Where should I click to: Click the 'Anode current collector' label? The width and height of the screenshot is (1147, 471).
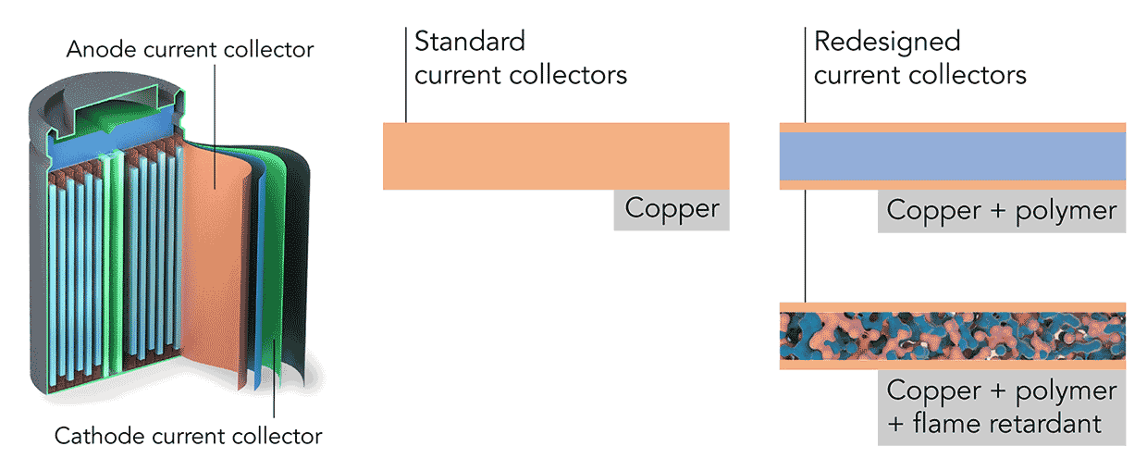tap(190, 49)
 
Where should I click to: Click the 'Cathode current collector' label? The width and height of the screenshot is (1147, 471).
tap(189, 435)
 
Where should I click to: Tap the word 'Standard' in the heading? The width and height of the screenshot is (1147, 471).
tap(470, 42)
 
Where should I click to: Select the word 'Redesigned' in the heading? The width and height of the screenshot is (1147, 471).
tap(886, 42)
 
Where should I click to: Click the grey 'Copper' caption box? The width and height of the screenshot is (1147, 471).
tap(672, 209)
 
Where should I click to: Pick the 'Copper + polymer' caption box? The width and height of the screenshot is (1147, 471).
tap(1001, 211)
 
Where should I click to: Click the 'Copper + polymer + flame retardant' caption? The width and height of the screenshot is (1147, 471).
tap(1001, 407)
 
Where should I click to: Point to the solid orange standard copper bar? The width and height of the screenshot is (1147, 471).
tap(556, 155)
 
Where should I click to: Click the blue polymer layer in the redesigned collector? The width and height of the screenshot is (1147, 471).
tap(953, 155)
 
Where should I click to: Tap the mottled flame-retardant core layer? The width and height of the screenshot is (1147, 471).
tap(953, 336)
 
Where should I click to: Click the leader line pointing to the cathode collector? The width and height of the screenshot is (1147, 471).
tap(275, 389)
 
